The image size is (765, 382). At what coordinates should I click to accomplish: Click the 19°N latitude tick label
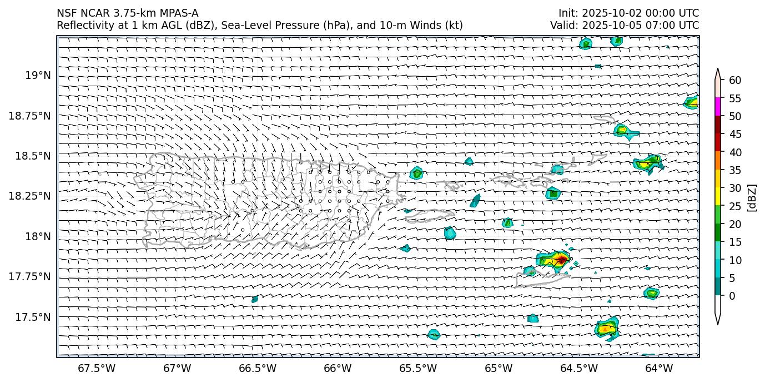pyautogui.click(x=38, y=75)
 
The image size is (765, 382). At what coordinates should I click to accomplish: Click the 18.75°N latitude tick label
pyautogui.click(x=31, y=116)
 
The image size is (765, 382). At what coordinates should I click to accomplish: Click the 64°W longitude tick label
pyautogui.click(x=659, y=368)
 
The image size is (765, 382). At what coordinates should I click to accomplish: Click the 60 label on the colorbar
pyautogui.click(x=735, y=80)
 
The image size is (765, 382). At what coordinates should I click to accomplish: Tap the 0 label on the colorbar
pyautogui.click(x=732, y=296)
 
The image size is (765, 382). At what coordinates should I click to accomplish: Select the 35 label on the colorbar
pyautogui.click(x=735, y=170)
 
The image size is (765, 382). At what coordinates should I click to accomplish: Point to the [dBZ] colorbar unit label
pyautogui.click(x=753, y=197)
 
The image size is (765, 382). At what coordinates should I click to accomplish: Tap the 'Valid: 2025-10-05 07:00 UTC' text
pyautogui.click(x=625, y=25)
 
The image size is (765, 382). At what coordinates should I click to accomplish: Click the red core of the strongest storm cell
pyautogui.click(x=562, y=259)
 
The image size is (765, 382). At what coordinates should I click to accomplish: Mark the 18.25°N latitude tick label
pyautogui.click(x=31, y=196)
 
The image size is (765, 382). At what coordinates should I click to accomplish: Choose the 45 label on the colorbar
pyautogui.click(x=735, y=134)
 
